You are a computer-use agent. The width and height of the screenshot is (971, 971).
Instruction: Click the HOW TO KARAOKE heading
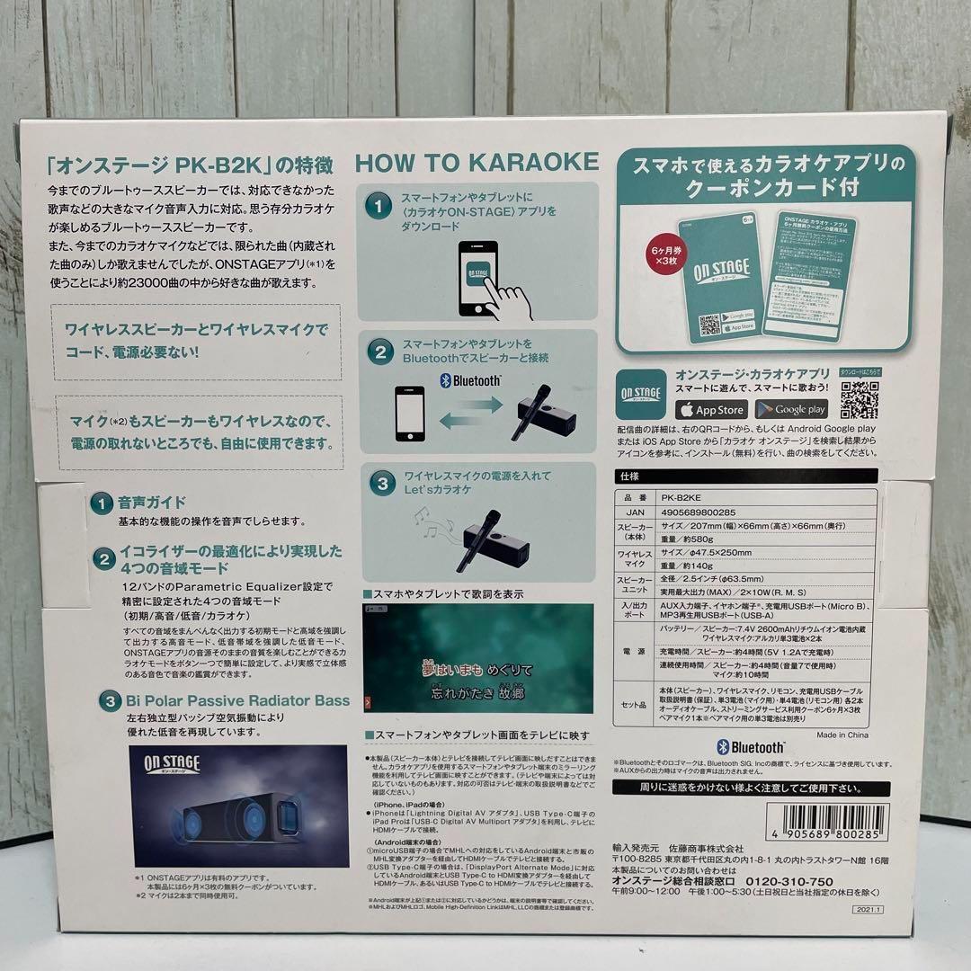[x=477, y=162]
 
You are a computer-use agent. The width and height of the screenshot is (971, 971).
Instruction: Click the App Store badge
[x=711, y=409]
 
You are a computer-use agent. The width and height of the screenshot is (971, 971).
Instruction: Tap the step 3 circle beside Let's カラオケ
[x=382, y=483]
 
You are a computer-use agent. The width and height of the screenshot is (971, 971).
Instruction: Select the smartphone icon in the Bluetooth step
[x=411, y=414]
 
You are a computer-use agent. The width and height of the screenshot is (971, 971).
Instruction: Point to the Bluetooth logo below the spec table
[x=751, y=748]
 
